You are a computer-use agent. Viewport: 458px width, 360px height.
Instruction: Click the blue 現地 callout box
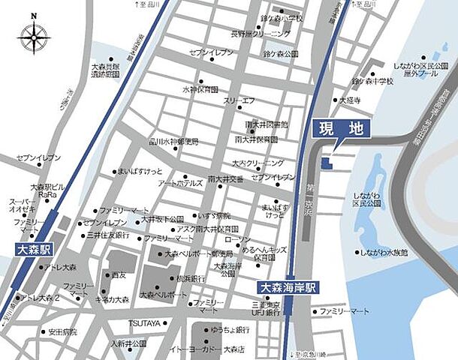[x=339, y=129]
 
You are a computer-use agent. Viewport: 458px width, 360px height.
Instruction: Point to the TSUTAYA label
[x=146, y=322]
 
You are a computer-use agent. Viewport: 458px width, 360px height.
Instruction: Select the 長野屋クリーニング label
[x=260, y=34]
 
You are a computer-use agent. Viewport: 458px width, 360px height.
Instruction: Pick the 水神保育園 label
[x=200, y=88]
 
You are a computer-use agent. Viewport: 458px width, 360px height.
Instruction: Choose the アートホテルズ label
[x=180, y=182]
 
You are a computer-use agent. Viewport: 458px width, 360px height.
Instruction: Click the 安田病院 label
[x=63, y=331]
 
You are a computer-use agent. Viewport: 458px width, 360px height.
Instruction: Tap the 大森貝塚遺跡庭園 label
[x=105, y=70]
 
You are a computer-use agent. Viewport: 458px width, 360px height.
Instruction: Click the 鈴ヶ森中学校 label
[x=372, y=81]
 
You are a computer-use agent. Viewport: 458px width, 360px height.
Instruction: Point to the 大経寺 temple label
[x=350, y=100]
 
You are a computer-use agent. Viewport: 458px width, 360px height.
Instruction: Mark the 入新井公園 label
[x=129, y=343]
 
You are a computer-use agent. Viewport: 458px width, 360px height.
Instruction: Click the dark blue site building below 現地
[x=325, y=163]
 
